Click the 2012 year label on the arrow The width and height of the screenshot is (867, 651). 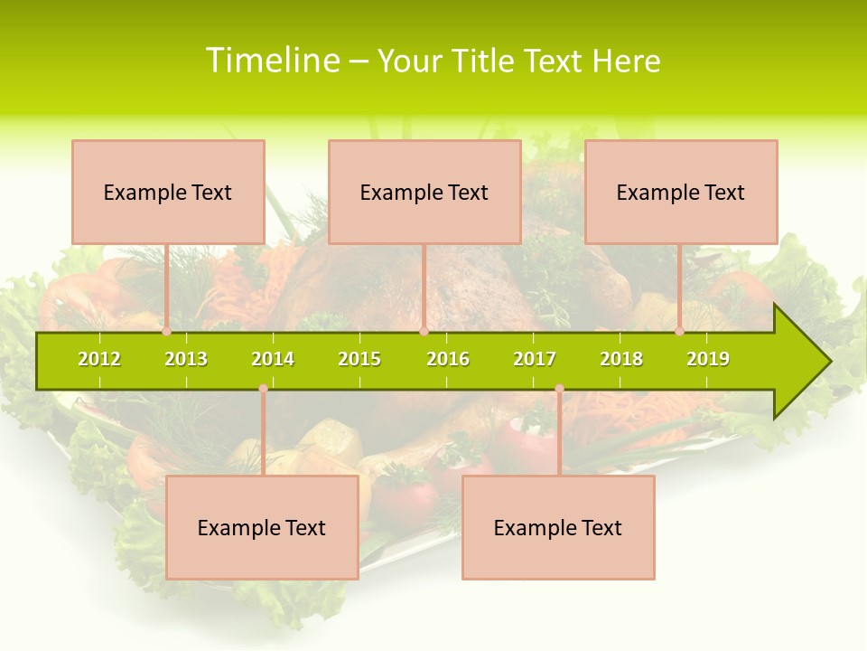pyautogui.click(x=99, y=360)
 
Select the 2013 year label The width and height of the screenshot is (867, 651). pyautogui.click(x=186, y=360)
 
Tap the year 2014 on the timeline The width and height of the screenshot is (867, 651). pyautogui.click(x=273, y=360)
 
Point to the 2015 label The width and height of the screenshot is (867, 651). pyautogui.click(x=359, y=360)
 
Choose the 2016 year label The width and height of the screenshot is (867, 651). pyautogui.click(x=448, y=360)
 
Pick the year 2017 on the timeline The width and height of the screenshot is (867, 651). pyautogui.click(x=535, y=360)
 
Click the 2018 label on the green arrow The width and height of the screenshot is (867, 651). pyautogui.click(x=621, y=360)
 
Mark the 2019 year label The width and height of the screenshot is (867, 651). pyautogui.click(x=708, y=360)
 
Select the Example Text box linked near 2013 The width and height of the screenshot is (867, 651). pyautogui.click(x=168, y=193)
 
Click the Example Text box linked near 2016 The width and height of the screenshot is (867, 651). pyautogui.click(x=424, y=193)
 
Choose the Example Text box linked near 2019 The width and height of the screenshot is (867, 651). pyautogui.click(x=681, y=193)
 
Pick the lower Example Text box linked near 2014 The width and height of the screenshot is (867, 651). pyautogui.click(x=262, y=528)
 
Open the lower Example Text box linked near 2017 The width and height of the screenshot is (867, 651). pyautogui.click(x=558, y=528)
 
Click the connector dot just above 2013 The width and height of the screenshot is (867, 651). pyautogui.click(x=167, y=331)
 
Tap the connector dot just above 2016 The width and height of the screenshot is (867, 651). pyautogui.click(x=424, y=331)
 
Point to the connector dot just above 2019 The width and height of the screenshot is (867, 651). pyautogui.click(x=680, y=331)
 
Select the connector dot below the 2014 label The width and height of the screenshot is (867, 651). pyautogui.click(x=263, y=389)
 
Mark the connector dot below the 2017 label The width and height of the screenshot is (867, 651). pyautogui.click(x=559, y=389)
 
